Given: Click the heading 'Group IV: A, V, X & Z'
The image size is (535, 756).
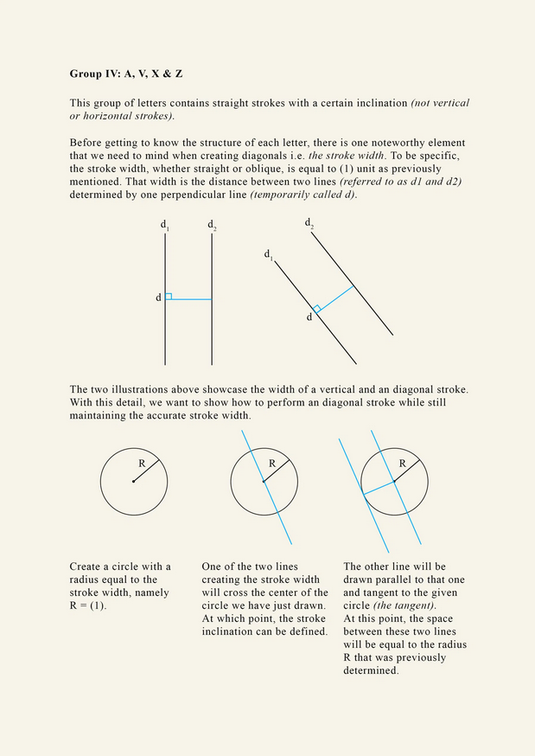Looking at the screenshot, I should pos(125,74).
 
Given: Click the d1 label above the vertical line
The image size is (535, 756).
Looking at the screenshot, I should pos(164,226).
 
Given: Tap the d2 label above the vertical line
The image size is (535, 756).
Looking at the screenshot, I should pos(212,226).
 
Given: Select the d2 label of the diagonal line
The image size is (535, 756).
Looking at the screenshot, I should pos(309,223).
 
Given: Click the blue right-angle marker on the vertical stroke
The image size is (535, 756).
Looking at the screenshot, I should pos(169,296).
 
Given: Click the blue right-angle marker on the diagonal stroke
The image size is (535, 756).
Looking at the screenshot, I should pos(317,309).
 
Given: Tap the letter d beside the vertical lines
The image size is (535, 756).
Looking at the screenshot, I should pos(158,298).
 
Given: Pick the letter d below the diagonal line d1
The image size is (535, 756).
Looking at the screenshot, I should pos(309,317).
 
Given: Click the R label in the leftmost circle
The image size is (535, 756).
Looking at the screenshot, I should pos(142,464).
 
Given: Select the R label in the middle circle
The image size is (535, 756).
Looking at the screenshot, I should pos(271,464).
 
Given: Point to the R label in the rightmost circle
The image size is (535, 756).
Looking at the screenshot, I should pos(401,464).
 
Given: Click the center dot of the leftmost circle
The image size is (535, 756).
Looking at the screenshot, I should pos(133,482).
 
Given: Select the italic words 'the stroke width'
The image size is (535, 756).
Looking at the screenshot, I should pos(346,156).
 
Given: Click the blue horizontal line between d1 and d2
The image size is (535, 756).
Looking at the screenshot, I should pos(190,299).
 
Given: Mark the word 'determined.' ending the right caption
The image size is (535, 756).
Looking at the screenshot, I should pos(371,670).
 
